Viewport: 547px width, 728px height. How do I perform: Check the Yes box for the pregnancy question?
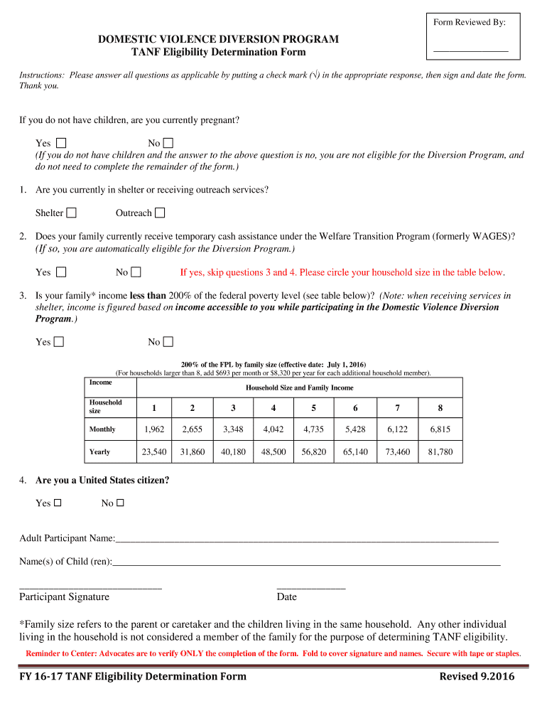[x=61, y=143]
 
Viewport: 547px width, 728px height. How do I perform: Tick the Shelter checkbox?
[x=72, y=213]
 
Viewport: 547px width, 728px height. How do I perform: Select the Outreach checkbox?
[x=160, y=213]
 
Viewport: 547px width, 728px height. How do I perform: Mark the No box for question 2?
[x=136, y=272]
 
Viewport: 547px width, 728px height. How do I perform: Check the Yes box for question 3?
[x=59, y=342]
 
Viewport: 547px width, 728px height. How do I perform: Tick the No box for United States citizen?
[x=120, y=503]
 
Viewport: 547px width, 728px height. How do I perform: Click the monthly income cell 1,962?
[x=153, y=429]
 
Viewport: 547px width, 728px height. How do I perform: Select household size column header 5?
[x=314, y=407]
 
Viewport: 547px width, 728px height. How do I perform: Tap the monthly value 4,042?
[x=273, y=429]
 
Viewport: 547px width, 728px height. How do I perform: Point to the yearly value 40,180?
[x=233, y=451]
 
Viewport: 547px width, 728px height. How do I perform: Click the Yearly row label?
[x=100, y=451]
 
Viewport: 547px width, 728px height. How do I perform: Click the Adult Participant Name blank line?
[x=306, y=542]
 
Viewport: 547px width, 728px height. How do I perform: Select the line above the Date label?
[x=310, y=587]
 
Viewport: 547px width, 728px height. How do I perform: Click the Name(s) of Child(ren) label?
[x=65, y=562]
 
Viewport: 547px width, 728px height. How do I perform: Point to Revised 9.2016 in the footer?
[x=477, y=676]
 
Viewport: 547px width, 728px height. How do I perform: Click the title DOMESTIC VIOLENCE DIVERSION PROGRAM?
[x=218, y=39]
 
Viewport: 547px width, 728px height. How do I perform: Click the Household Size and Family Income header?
[x=299, y=387]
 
